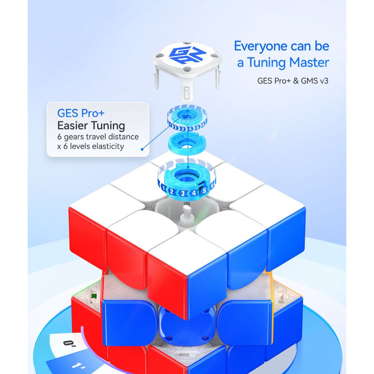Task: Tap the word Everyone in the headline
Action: pyautogui.click(x=260, y=46)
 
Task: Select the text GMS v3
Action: pyautogui.click(x=314, y=81)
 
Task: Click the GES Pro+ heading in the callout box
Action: pyautogui.click(x=81, y=113)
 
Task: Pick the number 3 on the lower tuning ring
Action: pyautogui.click(x=183, y=194)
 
